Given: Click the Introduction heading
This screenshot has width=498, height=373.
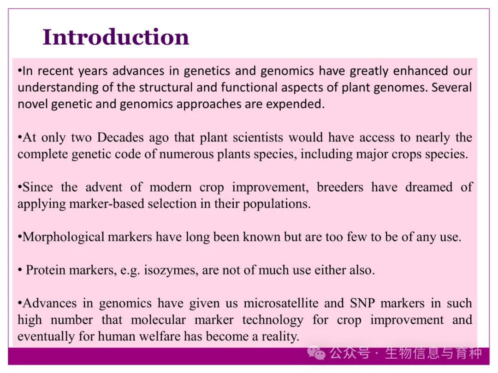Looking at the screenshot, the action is click(x=116, y=37).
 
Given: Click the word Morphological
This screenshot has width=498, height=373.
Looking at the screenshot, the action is click(x=64, y=237).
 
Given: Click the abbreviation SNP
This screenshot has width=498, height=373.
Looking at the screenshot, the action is click(x=362, y=303).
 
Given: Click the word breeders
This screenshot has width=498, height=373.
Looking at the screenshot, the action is click(x=340, y=187).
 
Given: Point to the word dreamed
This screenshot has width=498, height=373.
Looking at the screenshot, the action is click(x=429, y=187).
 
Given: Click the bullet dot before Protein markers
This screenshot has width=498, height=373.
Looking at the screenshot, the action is click(x=20, y=271).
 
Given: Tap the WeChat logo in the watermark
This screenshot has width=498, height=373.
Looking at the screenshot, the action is click(x=316, y=353).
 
